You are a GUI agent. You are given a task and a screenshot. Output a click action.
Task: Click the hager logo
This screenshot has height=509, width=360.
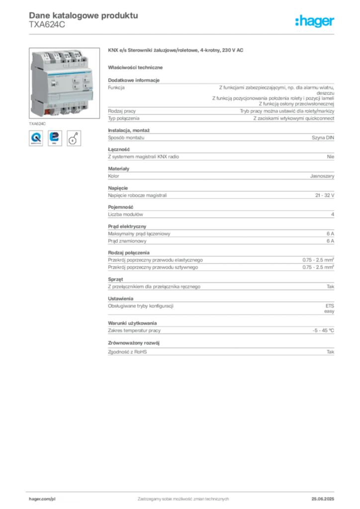click(314, 21)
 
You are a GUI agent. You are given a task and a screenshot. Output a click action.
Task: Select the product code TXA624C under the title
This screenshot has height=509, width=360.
click(47, 25)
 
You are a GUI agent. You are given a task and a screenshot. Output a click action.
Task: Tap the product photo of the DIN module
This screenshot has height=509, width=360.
click(64, 83)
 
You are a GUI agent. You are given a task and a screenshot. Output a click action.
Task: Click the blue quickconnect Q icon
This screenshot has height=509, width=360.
click(36, 138)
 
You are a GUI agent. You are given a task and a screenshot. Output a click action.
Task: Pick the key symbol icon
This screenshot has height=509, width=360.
click(74, 138)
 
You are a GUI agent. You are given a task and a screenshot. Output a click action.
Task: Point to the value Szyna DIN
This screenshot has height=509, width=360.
click(323, 138)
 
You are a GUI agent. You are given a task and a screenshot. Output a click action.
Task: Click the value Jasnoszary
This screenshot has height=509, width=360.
click(322, 176)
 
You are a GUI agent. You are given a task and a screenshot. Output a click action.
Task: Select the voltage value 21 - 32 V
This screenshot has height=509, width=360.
click(325, 195)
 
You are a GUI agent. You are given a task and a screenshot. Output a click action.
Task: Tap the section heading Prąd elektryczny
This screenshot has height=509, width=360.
click(127, 226)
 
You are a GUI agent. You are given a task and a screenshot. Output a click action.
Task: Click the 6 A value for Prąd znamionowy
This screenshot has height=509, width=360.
click(330, 241)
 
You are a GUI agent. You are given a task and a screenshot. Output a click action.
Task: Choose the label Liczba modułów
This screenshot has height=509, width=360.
click(125, 214)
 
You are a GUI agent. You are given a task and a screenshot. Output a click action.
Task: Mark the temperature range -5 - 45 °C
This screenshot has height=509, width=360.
click(323, 331)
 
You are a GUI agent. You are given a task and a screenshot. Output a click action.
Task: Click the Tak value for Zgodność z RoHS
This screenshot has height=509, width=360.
click(330, 352)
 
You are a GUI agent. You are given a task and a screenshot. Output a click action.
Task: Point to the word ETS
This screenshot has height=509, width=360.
click(330, 306)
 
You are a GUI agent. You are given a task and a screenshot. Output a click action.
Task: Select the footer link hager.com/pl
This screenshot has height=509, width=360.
click(42, 499)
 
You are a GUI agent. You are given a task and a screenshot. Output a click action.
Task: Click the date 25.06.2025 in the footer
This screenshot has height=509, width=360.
click(323, 499)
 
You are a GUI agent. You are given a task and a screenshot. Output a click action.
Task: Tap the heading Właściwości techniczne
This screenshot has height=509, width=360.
click(135, 68)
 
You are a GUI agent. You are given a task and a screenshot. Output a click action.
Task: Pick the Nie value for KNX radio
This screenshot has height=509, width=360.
click(331, 157)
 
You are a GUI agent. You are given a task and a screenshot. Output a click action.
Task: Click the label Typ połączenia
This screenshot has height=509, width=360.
click(124, 118)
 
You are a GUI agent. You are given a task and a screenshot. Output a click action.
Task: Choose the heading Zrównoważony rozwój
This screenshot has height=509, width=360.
click(134, 343)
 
